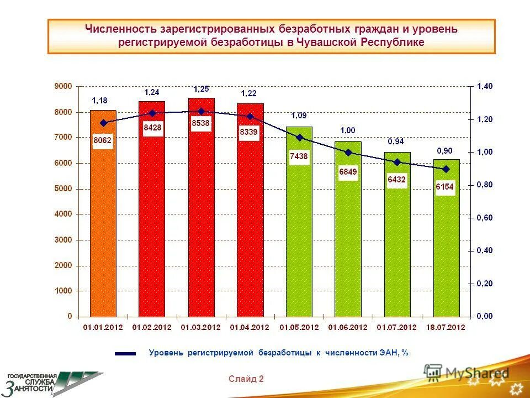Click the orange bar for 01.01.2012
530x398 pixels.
pos(103,221)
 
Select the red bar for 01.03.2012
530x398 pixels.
pos(201,221)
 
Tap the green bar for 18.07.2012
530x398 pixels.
pos(446,249)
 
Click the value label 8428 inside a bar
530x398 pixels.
pos(152,128)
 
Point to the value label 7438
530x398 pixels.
pos(299,156)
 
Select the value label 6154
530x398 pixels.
pos(444,187)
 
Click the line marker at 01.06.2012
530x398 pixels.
pos(348,152)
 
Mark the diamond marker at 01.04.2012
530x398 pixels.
pos(250,117)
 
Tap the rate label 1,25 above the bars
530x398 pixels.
pos(201,89)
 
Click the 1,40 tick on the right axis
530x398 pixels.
pos(485,86)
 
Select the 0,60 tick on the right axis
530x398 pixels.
pos(485,218)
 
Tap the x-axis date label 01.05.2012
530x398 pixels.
pos(299,327)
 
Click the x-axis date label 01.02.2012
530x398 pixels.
pos(152,327)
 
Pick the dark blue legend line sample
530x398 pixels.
pos(125,353)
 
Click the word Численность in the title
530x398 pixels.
pos(121,29)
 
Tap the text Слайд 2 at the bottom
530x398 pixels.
pos(246,379)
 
